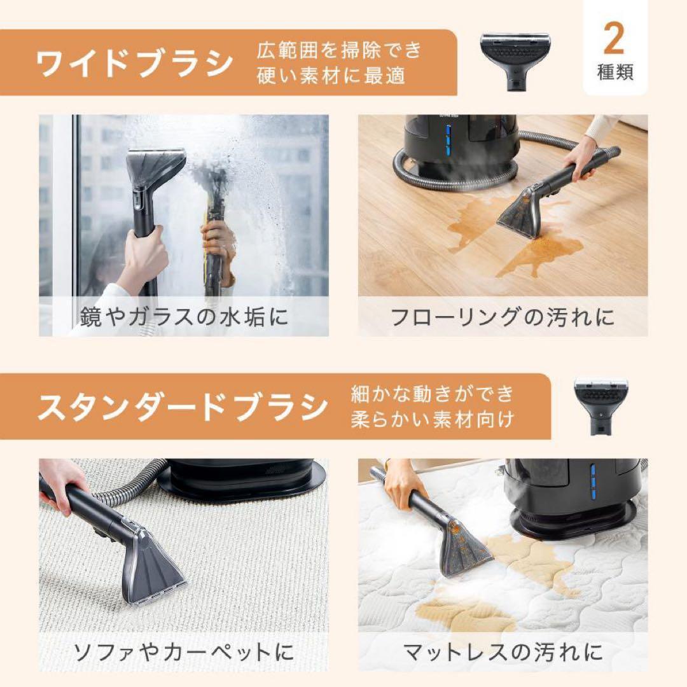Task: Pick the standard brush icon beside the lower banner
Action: (600, 406)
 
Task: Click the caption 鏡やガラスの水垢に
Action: (184, 317)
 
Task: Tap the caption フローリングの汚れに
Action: (503, 317)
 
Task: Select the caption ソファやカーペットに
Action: (184, 652)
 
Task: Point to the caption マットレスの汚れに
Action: (503, 652)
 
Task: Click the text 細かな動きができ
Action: (433, 394)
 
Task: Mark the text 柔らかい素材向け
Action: (433, 420)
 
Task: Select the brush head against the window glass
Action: (155, 167)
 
